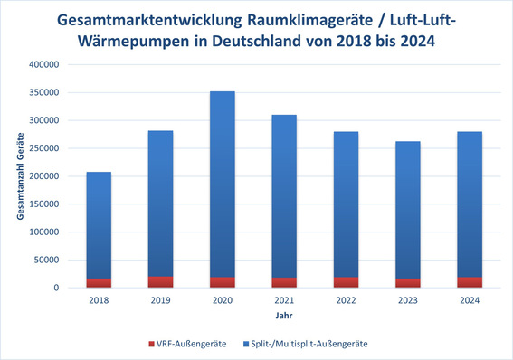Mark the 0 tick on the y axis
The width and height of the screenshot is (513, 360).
[56, 288]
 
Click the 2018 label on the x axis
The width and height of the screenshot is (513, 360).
[100, 301]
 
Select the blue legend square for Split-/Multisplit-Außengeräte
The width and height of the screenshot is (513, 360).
[246, 344]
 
